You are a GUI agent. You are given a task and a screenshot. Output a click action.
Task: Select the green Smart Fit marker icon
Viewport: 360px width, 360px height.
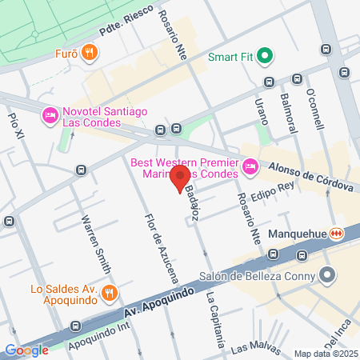click(x=266, y=57)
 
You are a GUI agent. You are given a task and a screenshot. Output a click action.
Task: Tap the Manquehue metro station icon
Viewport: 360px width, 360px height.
click(x=338, y=234)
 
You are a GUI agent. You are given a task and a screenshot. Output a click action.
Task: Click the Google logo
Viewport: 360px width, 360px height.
click(x=27, y=350)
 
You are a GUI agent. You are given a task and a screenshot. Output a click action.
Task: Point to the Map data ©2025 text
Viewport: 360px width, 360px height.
click(x=325, y=354)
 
